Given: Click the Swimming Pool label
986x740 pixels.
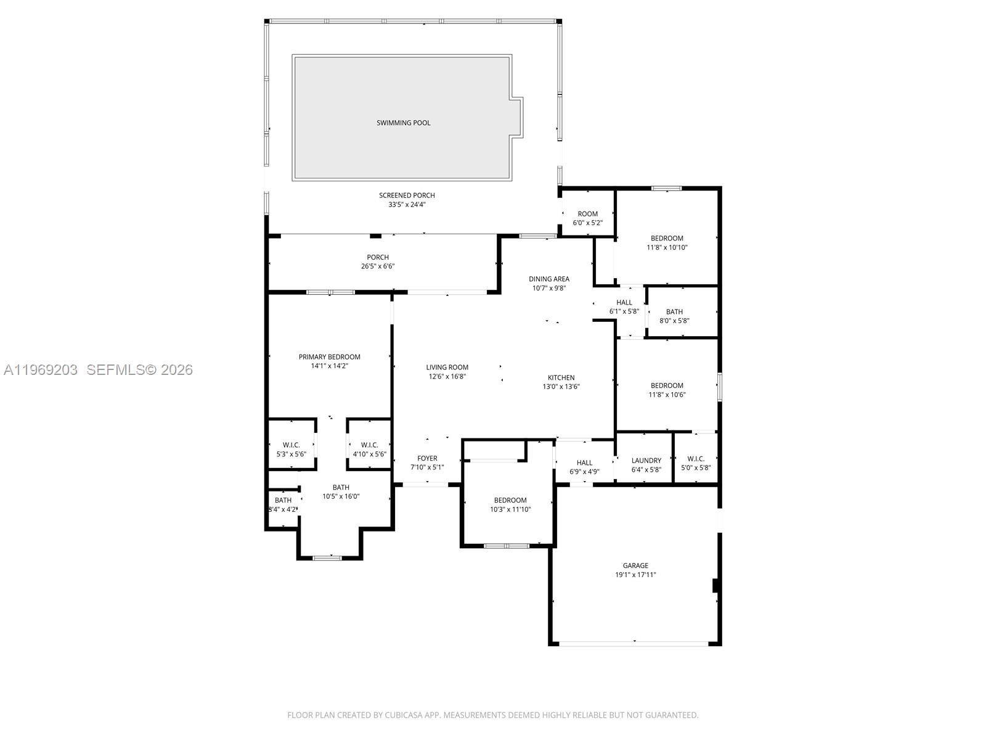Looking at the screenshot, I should pyautogui.click(x=404, y=123).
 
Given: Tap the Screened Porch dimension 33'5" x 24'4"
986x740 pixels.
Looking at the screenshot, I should pyautogui.click(x=407, y=205).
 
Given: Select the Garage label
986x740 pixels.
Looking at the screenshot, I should pyautogui.click(x=635, y=565).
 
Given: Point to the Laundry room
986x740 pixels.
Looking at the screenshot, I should pyautogui.click(x=646, y=461).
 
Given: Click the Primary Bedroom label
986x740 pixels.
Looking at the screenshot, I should pyautogui.click(x=329, y=357).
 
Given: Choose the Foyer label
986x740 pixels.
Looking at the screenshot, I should pyautogui.click(x=427, y=458).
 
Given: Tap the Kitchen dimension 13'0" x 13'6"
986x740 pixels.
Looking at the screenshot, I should pyautogui.click(x=561, y=387).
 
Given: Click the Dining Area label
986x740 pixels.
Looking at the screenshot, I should pyautogui.click(x=548, y=279).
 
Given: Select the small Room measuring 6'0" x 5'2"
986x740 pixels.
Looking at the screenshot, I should pyautogui.click(x=587, y=215).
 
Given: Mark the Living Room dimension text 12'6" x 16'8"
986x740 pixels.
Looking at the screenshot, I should pyautogui.click(x=447, y=376).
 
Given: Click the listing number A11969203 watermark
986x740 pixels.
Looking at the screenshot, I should pyautogui.click(x=41, y=370).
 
